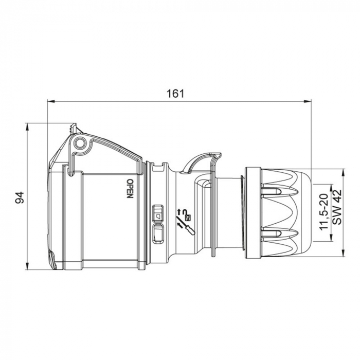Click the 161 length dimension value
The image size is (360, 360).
(175, 94)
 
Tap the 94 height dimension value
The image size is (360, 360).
(20, 197)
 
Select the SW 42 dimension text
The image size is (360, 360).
(337, 206)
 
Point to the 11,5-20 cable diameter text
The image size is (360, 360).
(323, 212)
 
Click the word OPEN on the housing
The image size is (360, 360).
(130, 188)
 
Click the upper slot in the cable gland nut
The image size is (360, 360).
(278, 192)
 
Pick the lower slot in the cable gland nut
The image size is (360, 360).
(278, 235)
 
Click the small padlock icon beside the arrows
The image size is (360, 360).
(187, 217)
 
